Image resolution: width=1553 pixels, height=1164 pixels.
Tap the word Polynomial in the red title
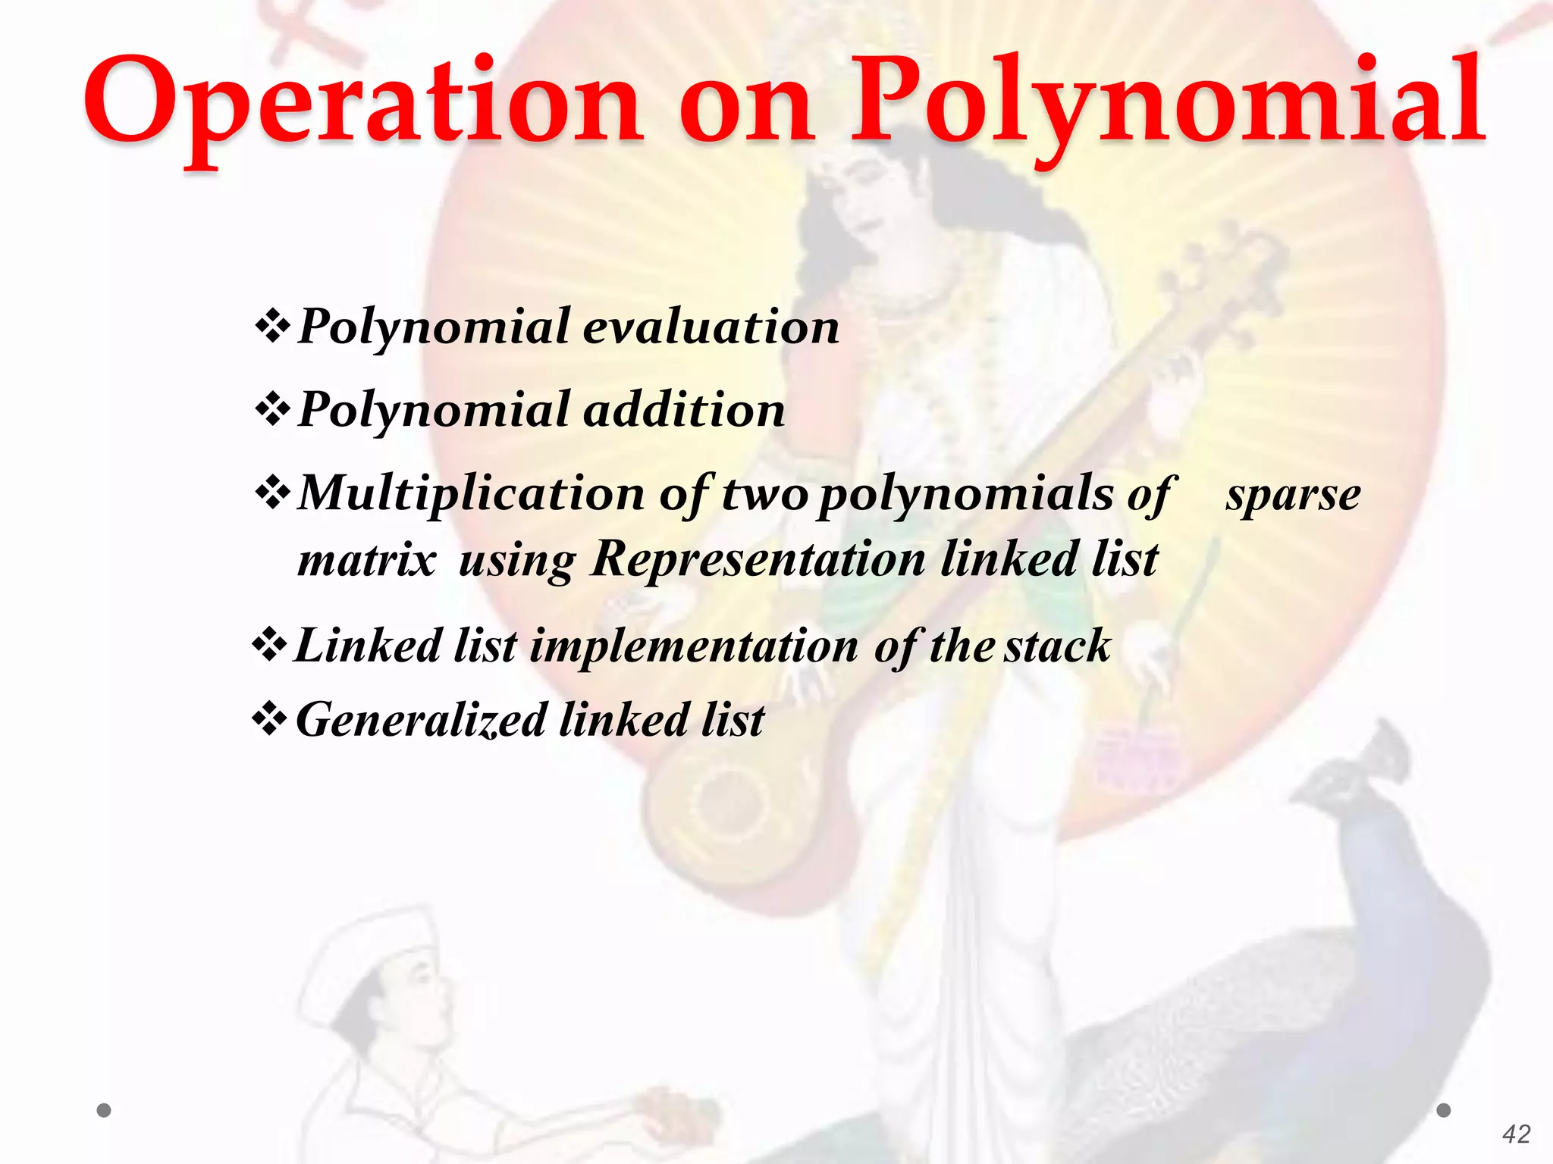[x=1168, y=102]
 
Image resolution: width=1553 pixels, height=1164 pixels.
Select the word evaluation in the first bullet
[x=711, y=327]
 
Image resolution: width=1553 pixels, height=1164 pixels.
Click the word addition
[x=684, y=410]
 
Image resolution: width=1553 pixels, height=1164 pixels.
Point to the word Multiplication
[x=471, y=493]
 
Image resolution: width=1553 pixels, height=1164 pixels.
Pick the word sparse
[x=1293, y=496]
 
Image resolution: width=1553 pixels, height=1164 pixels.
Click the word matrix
[x=367, y=560]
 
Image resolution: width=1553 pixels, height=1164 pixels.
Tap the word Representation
[x=758, y=560]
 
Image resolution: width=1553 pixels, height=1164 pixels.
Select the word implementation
[x=694, y=646]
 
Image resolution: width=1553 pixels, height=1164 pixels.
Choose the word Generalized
[x=421, y=719]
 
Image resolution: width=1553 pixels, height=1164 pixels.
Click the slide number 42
[x=1516, y=1134]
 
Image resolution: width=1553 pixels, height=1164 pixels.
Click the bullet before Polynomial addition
[x=272, y=410]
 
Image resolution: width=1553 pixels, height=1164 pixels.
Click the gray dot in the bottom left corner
[x=105, y=1110]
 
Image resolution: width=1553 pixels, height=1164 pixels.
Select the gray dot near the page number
[x=1444, y=1110]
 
